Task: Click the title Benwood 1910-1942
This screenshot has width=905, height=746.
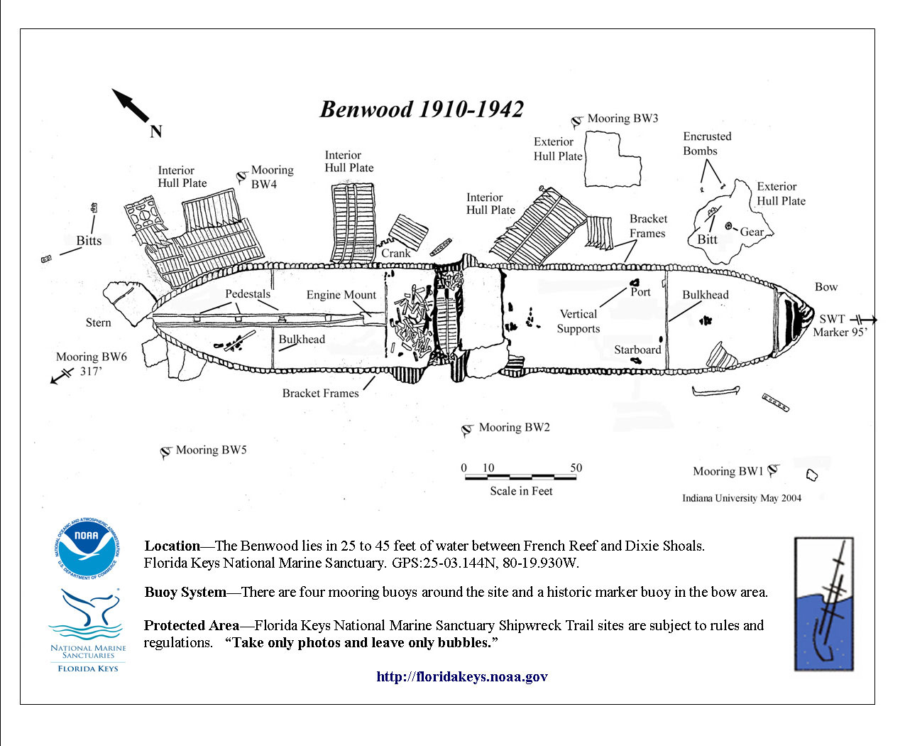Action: (422, 109)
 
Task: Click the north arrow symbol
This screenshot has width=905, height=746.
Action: (131, 107)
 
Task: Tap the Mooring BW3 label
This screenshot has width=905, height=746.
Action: (622, 119)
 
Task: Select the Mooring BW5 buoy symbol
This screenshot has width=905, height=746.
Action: (166, 452)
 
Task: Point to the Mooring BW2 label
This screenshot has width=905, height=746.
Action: (514, 428)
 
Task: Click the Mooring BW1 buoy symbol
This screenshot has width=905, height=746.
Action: (774, 470)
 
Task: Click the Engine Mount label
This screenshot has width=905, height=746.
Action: (341, 295)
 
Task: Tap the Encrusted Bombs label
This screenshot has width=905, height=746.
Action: (706, 144)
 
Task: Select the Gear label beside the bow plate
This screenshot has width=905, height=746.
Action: (752, 232)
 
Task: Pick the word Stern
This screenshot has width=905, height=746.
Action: (99, 323)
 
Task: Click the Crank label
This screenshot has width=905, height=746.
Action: (396, 253)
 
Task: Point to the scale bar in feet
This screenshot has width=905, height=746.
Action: (520, 477)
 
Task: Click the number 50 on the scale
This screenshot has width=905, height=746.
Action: (576, 467)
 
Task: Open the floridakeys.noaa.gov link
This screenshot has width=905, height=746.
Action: (462, 676)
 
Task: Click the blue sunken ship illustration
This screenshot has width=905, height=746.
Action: (823, 604)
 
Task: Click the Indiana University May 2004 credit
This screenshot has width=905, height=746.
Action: (742, 498)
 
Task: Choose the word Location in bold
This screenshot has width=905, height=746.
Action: (172, 546)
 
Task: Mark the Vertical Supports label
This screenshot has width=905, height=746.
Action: (578, 321)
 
